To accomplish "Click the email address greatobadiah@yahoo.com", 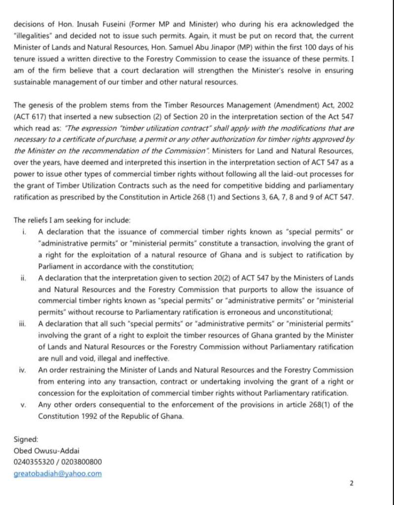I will coord(58,473).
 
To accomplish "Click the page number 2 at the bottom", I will coord(351,483).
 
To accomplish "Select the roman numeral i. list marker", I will coord(24,232).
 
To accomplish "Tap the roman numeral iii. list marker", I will coord(23,324).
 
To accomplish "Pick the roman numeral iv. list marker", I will coord(23,370).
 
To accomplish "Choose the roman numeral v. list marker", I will coord(23,404).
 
